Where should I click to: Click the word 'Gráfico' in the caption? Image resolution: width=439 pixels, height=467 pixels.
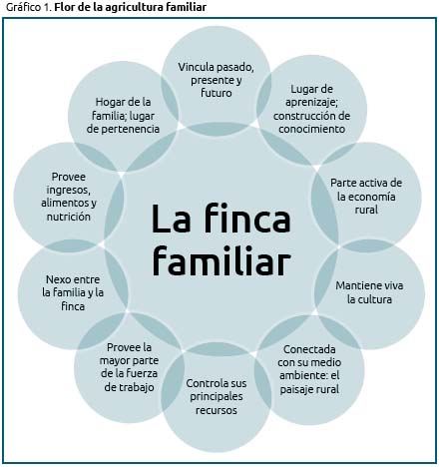(23, 7)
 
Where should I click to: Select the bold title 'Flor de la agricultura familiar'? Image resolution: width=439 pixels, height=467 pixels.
(131, 7)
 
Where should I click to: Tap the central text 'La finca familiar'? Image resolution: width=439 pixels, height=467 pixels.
(221, 239)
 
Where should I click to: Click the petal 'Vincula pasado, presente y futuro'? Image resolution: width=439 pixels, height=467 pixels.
(217, 80)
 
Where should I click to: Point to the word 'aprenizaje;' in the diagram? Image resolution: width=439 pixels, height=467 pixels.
(311, 103)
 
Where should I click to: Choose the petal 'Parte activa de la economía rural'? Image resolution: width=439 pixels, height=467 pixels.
(366, 197)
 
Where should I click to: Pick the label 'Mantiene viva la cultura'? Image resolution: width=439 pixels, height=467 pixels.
(369, 292)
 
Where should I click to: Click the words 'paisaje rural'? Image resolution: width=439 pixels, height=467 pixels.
(309, 389)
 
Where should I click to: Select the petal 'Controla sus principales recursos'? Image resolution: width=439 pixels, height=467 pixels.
(217, 396)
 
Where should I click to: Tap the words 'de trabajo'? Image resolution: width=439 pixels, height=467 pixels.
(129, 387)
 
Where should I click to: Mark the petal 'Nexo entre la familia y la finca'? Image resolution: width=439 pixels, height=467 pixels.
(73, 292)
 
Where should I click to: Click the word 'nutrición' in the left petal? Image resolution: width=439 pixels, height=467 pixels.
(69, 217)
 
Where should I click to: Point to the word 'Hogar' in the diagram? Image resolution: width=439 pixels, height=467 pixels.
(110, 103)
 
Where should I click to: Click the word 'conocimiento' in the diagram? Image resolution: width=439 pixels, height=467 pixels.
(311, 129)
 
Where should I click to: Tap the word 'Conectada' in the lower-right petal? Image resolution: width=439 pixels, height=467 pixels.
(309, 349)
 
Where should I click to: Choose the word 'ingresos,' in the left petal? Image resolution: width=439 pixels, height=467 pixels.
(69, 190)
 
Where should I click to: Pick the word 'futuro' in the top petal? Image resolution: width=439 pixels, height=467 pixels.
(217, 93)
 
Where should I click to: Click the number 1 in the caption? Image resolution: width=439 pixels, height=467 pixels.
(46, 7)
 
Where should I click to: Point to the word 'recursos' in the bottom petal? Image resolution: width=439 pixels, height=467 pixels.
(217, 410)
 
